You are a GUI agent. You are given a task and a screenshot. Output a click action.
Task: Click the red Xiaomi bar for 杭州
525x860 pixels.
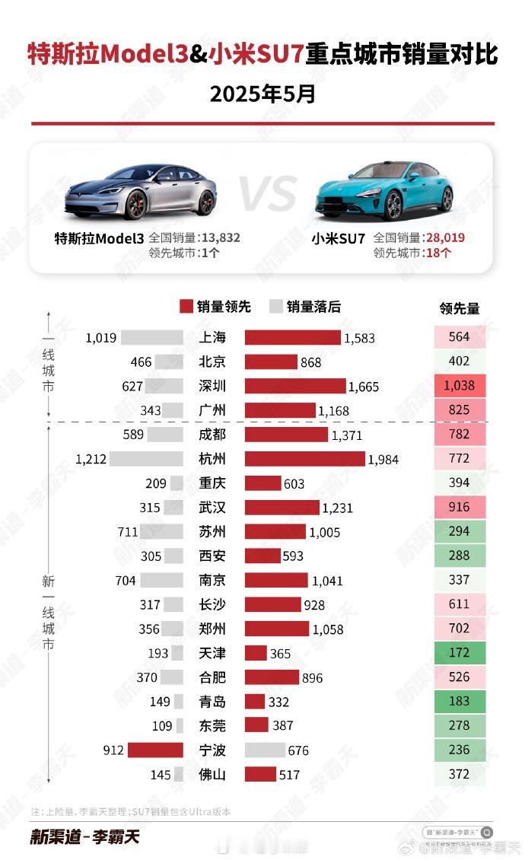click(x=304, y=458)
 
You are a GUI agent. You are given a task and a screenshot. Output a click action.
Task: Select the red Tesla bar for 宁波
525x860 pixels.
click(x=155, y=750)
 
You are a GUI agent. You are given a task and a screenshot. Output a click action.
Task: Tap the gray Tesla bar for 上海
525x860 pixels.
click(x=152, y=337)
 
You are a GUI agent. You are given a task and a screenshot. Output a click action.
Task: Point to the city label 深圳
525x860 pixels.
click(x=212, y=386)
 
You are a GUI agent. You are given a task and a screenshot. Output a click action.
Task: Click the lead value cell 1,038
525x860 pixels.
click(x=459, y=386)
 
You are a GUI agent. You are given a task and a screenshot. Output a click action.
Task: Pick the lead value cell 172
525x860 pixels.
click(x=459, y=653)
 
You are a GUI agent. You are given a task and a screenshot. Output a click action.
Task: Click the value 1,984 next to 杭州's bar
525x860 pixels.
click(x=383, y=459)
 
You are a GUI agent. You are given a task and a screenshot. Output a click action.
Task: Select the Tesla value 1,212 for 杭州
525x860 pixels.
click(x=91, y=459)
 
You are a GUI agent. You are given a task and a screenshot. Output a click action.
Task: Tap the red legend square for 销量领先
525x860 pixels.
click(x=186, y=307)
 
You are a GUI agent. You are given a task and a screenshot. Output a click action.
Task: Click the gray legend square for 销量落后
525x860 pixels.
click(x=276, y=307)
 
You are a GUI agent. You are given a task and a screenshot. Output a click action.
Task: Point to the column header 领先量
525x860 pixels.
click(x=460, y=308)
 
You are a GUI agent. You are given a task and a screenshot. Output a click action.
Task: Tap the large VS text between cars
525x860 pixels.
click(x=268, y=195)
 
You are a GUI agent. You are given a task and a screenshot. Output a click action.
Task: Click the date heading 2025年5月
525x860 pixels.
click(x=262, y=94)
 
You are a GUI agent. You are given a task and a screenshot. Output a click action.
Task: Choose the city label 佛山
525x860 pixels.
click(x=212, y=775)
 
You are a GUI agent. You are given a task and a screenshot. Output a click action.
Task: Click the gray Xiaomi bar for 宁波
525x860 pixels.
click(x=265, y=750)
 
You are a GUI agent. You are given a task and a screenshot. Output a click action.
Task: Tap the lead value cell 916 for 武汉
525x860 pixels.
click(x=459, y=508)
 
